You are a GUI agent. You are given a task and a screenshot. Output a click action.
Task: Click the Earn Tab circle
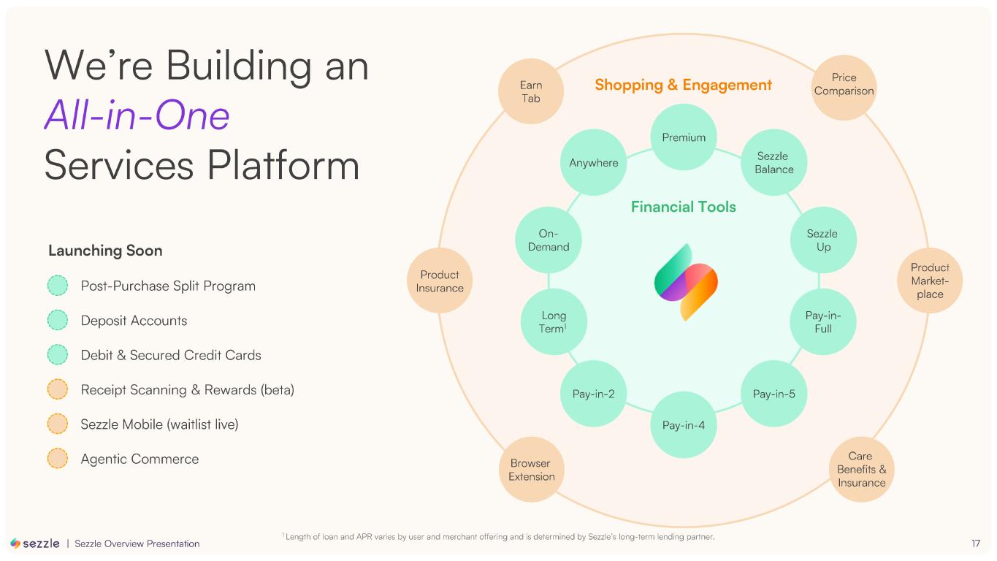click(x=531, y=91)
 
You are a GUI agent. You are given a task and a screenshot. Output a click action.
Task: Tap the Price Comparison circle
click(x=844, y=84)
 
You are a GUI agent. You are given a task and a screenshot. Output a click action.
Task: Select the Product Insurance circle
click(x=440, y=281)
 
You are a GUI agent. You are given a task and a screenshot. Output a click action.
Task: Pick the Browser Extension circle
click(x=531, y=470)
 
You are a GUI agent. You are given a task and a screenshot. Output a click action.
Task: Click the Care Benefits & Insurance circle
click(x=862, y=469)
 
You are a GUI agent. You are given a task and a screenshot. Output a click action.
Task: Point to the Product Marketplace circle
click(x=930, y=281)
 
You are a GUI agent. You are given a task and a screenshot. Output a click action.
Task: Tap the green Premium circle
click(x=684, y=137)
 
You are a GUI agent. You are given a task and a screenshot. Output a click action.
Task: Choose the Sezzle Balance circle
click(x=774, y=162)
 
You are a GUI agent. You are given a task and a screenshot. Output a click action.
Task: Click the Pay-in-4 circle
click(x=684, y=424)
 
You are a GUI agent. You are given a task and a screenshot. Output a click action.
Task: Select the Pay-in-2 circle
click(x=593, y=394)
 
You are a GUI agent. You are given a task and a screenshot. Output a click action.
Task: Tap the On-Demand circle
click(x=549, y=240)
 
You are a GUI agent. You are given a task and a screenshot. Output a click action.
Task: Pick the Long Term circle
click(x=554, y=322)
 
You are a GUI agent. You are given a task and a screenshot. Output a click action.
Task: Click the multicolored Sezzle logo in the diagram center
click(x=685, y=281)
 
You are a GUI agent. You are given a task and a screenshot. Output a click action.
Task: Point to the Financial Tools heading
click(x=683, y=207)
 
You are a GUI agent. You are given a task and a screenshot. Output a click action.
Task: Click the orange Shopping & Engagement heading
click(x=683, y=85)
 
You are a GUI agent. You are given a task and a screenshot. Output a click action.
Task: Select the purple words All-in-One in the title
click(x=137, y=115)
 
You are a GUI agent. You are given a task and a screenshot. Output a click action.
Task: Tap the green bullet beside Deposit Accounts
click(x=58, y=321)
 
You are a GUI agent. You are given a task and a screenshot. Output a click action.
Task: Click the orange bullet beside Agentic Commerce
click(x=58, y=459)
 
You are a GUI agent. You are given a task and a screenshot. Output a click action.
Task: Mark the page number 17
click(x=976, y=543)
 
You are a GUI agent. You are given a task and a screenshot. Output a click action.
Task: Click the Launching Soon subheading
click(x=105, y=251)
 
